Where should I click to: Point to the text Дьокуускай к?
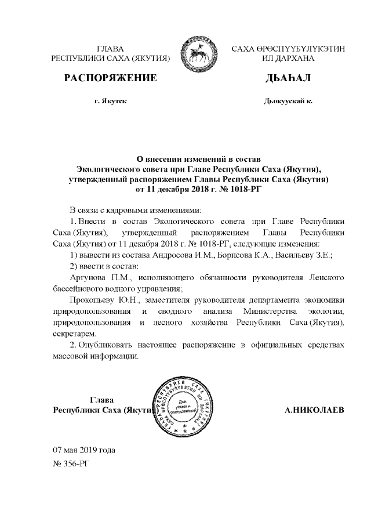click(288, 101)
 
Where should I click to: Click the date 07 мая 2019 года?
click(84, 450)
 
